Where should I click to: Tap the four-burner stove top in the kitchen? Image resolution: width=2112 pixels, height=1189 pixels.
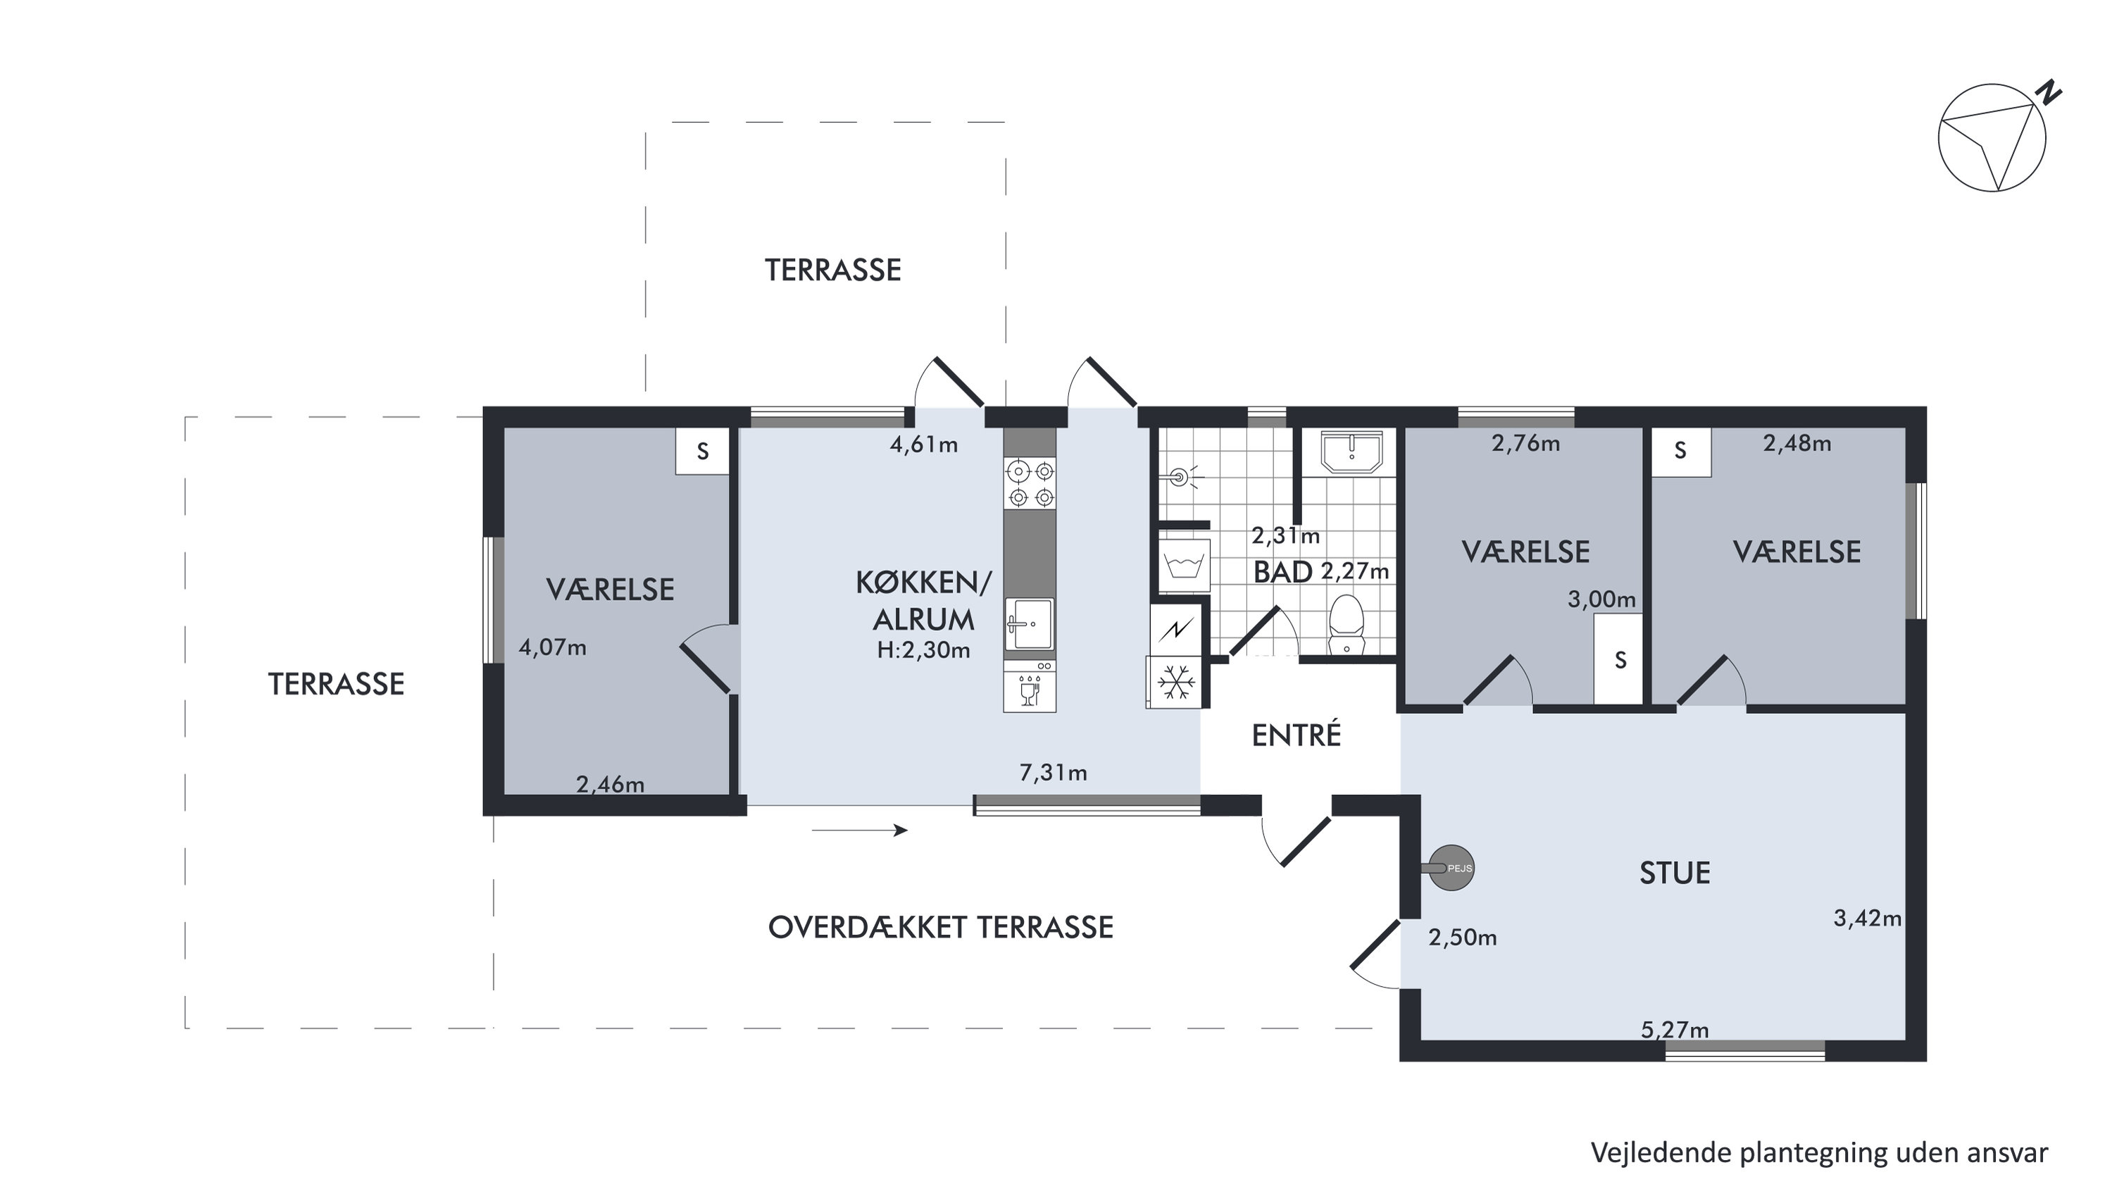point(1030,484)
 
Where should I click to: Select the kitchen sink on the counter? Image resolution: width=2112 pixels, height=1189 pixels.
point(1029,625)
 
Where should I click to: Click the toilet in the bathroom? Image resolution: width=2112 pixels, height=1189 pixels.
point(1346,625)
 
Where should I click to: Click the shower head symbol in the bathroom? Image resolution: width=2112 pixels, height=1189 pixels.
point(1180,476)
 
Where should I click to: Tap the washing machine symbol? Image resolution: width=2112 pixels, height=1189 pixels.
point(1184,564)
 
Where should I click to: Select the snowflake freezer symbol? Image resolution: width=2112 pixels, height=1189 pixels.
point(1175,683)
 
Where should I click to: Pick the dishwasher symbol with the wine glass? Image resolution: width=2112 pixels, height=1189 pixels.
point(1030,687)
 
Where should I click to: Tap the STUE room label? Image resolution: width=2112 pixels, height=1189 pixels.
point(1674,873)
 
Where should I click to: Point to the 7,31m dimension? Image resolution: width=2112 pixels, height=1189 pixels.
point(1053,773)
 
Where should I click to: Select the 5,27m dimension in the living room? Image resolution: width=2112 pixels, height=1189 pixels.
point(1674,1029)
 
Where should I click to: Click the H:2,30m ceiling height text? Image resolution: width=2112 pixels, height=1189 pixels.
point(923,650)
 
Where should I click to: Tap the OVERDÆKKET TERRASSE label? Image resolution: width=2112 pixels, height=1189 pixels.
point(940,928)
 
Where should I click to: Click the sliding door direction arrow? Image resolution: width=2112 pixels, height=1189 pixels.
point(859,830)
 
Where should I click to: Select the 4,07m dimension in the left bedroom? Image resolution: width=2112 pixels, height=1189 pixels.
point(553,648)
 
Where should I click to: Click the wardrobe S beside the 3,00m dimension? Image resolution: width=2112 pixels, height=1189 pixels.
point(1620,660)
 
